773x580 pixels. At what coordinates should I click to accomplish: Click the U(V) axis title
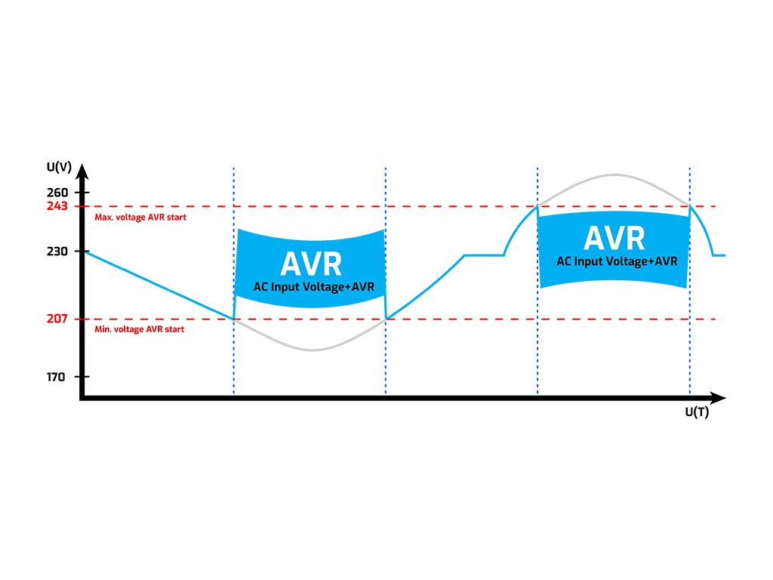pos(60,166)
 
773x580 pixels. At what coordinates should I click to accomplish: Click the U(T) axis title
pos(696,412)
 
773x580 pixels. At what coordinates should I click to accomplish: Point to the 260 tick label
pos(57,192)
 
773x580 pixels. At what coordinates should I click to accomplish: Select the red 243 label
pos(57,205)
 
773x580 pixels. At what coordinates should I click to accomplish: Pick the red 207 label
pos(57,319)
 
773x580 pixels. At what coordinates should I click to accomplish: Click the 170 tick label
pos(57,376)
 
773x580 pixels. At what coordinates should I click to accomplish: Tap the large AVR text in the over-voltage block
pos(614,239)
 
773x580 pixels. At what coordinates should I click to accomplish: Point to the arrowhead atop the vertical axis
pos(82,170)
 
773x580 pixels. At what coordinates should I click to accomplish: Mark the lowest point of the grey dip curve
pos(310,350)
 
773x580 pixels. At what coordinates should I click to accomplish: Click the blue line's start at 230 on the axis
pos(85,251)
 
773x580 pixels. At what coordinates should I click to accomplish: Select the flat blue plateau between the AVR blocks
pos(484,255)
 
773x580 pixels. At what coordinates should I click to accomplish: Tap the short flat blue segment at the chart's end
pos(719,255)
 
